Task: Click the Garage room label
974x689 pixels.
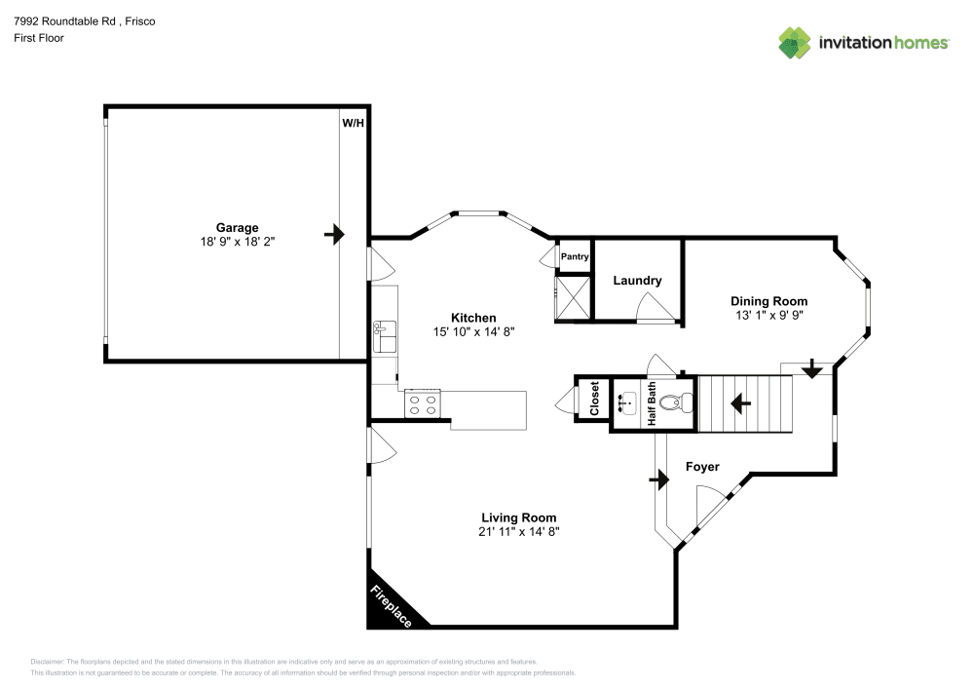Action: [237, 227]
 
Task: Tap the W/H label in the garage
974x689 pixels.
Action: [352, 124]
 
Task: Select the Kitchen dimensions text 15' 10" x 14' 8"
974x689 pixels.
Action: [473, 331]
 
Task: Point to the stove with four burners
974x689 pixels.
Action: [423, 403]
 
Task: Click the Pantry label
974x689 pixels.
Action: [575, 257]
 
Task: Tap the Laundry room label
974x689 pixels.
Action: [637, 281]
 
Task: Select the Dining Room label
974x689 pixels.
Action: [769, 301]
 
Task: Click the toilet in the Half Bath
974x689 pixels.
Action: [684, 401]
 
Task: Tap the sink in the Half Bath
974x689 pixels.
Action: [626, 401]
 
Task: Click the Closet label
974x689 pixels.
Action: [594, 400]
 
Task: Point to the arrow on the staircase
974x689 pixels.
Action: [741, 401]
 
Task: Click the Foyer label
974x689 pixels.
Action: [702, 467]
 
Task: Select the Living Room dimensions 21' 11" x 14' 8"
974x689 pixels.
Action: [519, 532]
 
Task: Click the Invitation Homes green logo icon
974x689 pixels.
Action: [795, 41]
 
